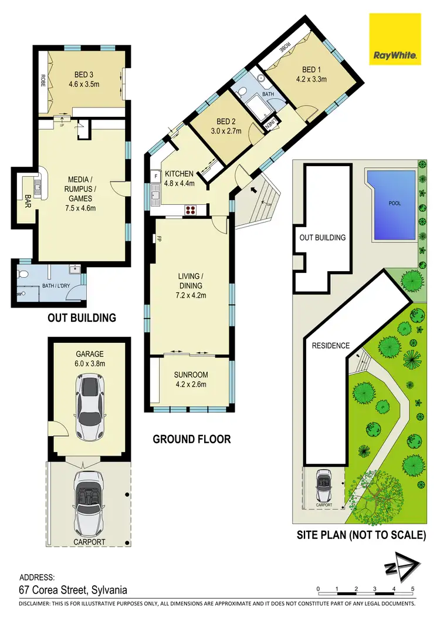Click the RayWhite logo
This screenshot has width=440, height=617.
click(x=394, y=38)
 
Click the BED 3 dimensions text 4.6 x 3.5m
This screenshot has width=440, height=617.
click(x=87, y=84)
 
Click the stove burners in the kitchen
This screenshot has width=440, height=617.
click(x=192, y=208)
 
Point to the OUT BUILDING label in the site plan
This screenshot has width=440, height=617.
click(x=322, y=238)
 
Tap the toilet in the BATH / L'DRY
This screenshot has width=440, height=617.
click(x=22, y=274)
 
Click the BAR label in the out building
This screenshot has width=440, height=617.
click(x=28, y=203)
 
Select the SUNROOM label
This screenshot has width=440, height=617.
click(x=191, y=375)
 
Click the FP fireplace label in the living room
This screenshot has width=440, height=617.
click(x=159, y=239)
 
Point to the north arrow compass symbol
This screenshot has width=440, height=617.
click(x=401, y=567)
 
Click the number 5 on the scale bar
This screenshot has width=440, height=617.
click(x=413, y=589)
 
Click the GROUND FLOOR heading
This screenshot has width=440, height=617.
click(x=191, y=439)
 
